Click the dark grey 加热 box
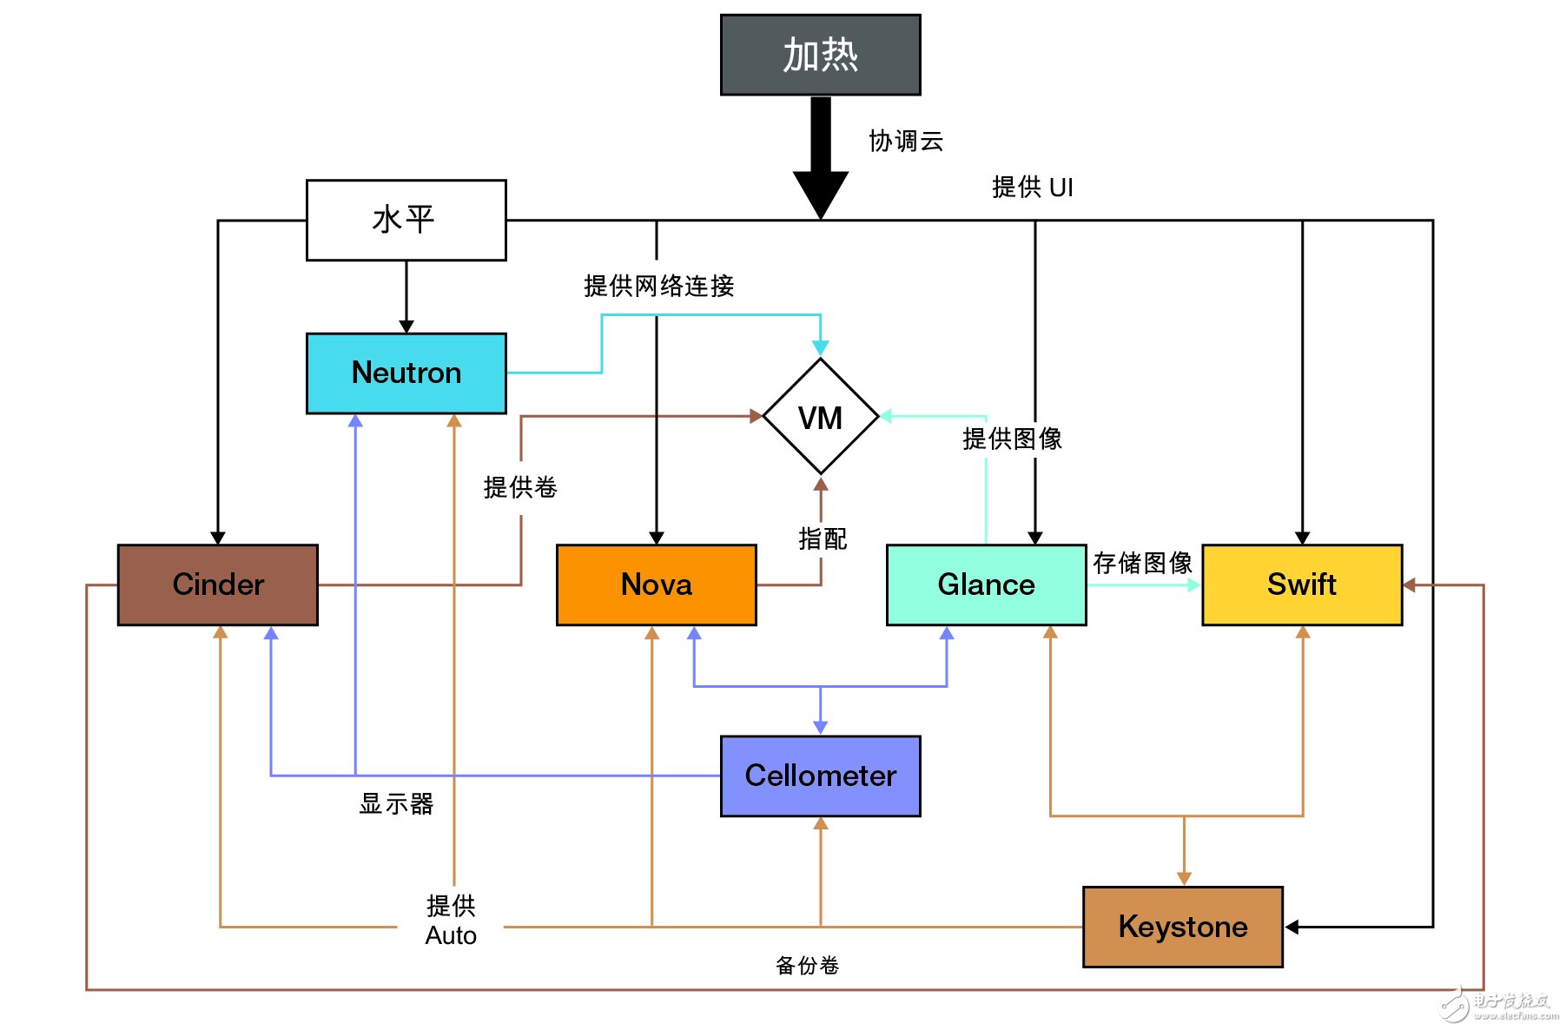[820, 55]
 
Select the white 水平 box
[406, 220]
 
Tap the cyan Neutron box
[406, 373]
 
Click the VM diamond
[820, 417]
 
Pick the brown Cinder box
[217, 584]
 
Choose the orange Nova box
[656, 584]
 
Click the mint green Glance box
[986, 584]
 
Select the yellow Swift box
[1301, 584]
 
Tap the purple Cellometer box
[820, 776]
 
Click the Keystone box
[1182, 927]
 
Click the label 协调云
[906, 141]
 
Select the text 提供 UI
[1032, 187]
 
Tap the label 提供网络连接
[658, 286]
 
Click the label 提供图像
[1012, 439]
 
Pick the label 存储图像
[1142, 563]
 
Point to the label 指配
[822, 538]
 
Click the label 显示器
[396, 803]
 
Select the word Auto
[451, 935]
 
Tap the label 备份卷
[807, 965]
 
